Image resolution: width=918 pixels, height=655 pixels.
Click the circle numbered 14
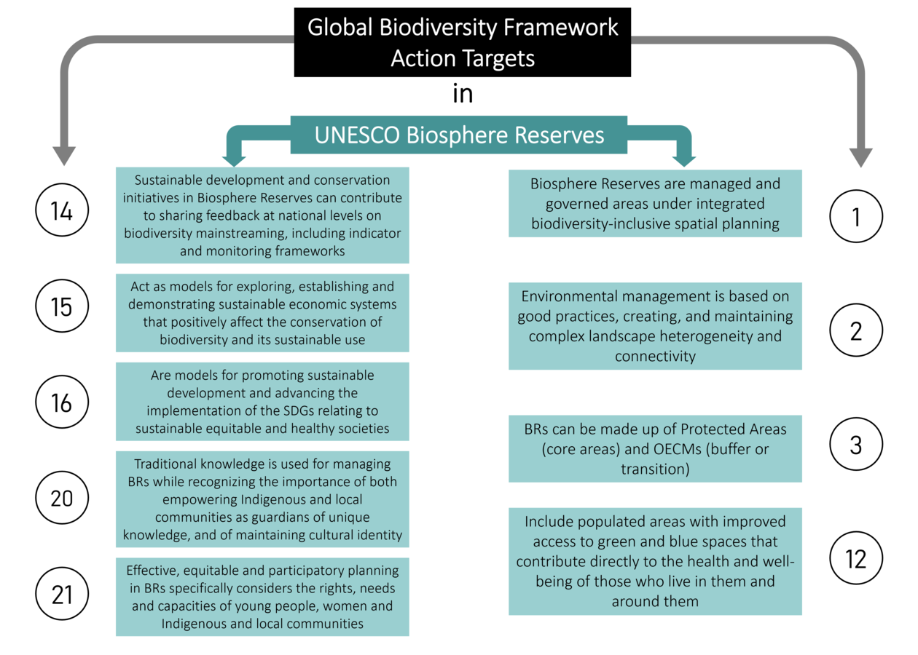coord(62,212)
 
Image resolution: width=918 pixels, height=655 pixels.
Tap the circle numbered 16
coord(62,402)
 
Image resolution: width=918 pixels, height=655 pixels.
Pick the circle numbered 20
coord(62,499)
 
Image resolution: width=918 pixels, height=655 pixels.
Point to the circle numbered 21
coord(62,595)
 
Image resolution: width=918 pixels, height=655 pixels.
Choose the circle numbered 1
coord(856,216)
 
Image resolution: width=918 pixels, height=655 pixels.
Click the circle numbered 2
coord(856,330)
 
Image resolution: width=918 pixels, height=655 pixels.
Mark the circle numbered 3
coord(856,444)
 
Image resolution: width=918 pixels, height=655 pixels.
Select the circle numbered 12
coord(856,559)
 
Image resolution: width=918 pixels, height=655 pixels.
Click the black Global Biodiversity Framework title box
coord(462,41)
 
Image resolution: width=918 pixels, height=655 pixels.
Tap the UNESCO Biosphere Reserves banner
coord(459,135)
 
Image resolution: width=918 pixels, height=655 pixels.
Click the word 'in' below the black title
coord(463,95)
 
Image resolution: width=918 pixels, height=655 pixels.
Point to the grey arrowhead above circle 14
coord(63,154)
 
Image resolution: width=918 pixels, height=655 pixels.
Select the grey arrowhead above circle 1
coord(860,156)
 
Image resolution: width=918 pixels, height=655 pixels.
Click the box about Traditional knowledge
coord(262,499)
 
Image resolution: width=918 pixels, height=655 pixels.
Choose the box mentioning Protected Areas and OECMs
coord(655,448)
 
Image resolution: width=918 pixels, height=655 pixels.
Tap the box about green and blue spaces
coord(655,561)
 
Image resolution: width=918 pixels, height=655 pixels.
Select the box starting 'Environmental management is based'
coord(655,326)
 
